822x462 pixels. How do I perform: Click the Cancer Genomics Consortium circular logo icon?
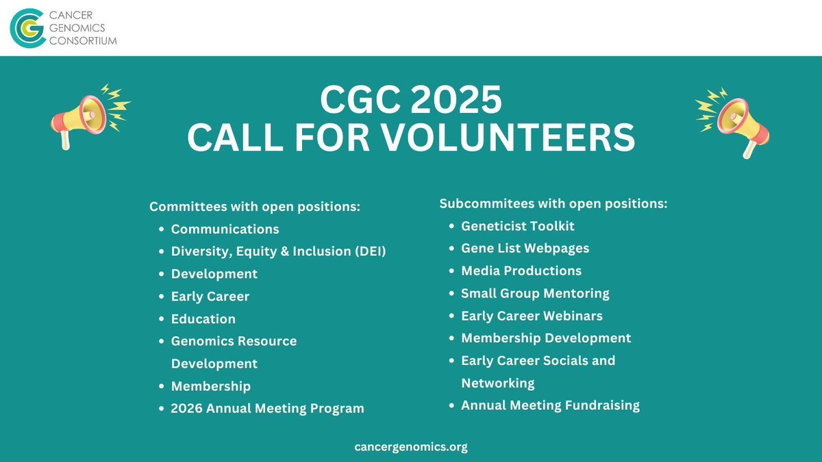[25, 27]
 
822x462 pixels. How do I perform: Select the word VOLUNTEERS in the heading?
[508, 138]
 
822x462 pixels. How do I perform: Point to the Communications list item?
[225, 229]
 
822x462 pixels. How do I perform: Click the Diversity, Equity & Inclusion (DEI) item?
[278, 251]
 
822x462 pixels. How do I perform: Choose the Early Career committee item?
[210, 296]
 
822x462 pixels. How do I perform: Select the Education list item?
[203, 319]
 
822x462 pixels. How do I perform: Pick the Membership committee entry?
[210, 386]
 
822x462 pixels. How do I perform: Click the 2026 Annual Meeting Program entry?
[267, 409]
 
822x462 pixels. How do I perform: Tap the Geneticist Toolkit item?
[517, 225]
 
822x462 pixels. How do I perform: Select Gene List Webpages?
[525, 248]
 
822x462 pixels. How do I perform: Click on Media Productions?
[521, 270]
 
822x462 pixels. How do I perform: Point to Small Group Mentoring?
[535, 293]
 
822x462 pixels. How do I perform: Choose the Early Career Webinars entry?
[532, 316]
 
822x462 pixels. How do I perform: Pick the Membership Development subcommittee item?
[546, 338]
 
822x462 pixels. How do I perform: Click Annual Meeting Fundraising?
[550, 405]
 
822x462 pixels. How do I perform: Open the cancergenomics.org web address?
[411, 447]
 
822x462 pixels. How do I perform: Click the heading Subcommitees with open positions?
[553, 203]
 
